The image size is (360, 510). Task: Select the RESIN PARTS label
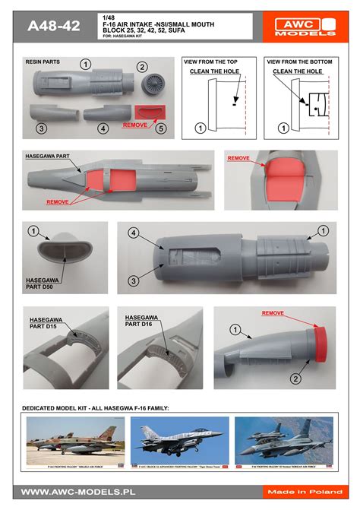43,60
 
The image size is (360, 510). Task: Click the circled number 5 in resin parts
160,128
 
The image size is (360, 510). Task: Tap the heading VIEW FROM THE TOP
216,61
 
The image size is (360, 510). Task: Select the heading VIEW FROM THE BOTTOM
298,61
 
